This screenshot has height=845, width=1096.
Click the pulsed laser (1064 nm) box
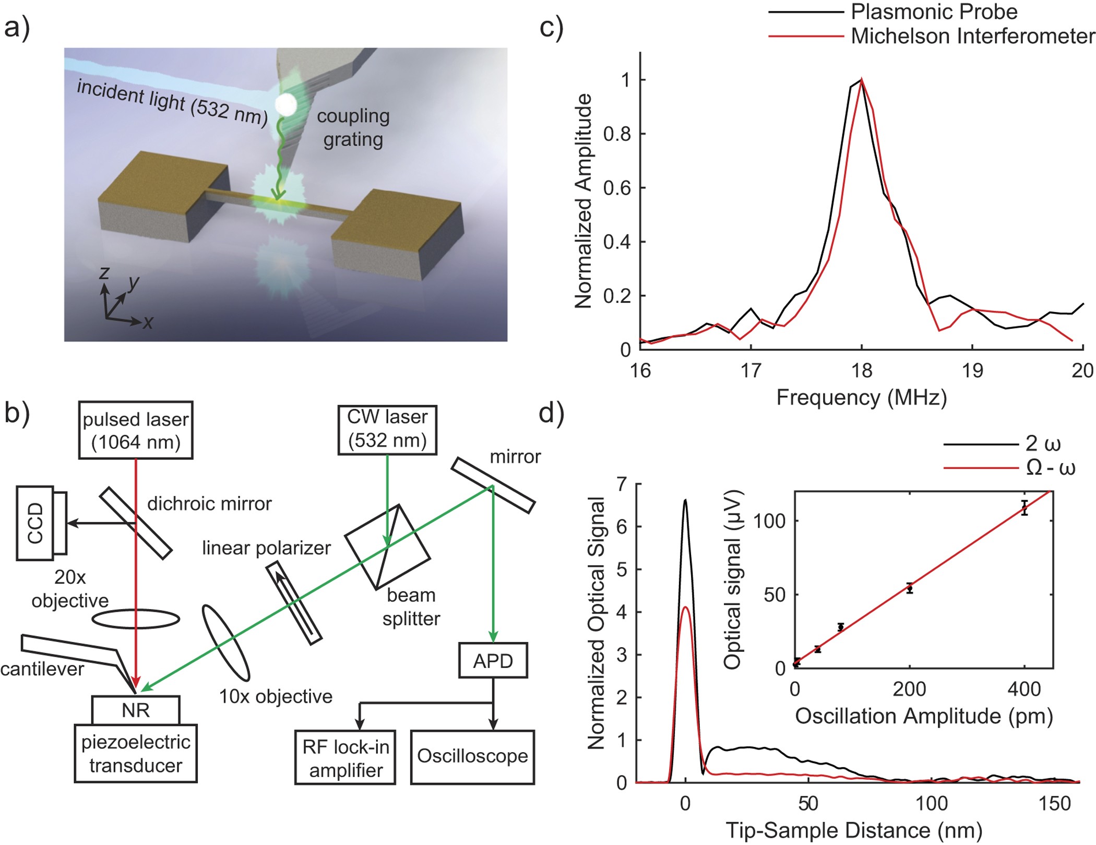coord(136,431)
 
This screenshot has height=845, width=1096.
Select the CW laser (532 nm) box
coord(387,430)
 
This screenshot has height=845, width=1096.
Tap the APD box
coord(493,661)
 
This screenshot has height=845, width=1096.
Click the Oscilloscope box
coord(472,756)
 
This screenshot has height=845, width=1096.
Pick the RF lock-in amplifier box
coord(345,758)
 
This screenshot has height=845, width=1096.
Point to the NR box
coord(136,710)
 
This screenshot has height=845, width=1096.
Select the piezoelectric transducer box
coord(136,754)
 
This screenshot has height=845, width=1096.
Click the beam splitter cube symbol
coord(387,547)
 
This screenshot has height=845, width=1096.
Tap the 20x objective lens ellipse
coord(136,619)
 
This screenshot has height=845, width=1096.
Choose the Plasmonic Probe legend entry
coord(934,11)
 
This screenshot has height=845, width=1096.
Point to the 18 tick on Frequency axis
coord(861,370)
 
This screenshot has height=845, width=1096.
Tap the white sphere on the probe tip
coord(286,105)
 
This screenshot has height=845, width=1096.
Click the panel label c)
coord(551,27)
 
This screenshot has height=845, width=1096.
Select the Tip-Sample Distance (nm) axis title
coord(854,830)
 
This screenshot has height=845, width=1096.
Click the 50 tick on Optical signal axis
coord(775,594)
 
